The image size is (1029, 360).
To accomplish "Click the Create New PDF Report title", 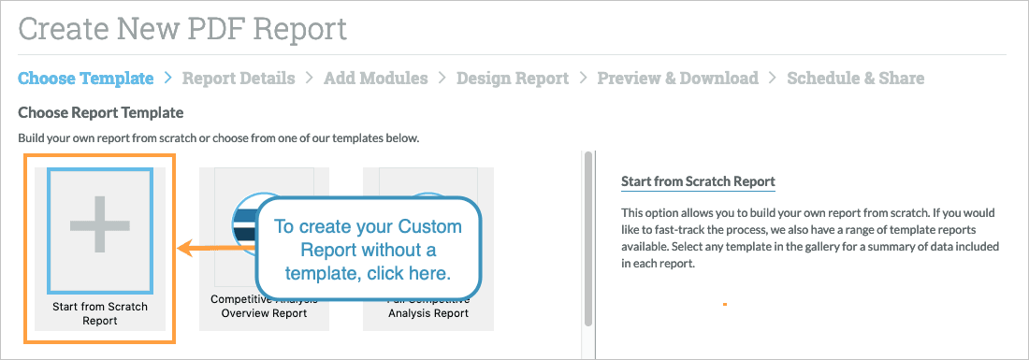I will (182, 29).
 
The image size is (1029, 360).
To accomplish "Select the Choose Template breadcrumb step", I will (85, 79).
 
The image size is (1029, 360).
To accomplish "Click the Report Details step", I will (239, 79).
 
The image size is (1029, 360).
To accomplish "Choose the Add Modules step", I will (375, 79).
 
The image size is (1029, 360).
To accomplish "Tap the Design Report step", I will (512, 79).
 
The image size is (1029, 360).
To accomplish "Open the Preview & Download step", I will (677, 79).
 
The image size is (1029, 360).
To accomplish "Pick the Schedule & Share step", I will (855, 79).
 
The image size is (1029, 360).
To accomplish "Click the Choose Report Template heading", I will (101, 113).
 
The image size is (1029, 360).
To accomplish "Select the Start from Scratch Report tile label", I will (100, 313).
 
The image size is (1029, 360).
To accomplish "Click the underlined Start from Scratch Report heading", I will (698, 181).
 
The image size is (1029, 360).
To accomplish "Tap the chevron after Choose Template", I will (167, 79).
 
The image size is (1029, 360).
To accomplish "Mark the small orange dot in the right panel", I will (725, 304).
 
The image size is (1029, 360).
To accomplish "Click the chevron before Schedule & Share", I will (773, 79).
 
